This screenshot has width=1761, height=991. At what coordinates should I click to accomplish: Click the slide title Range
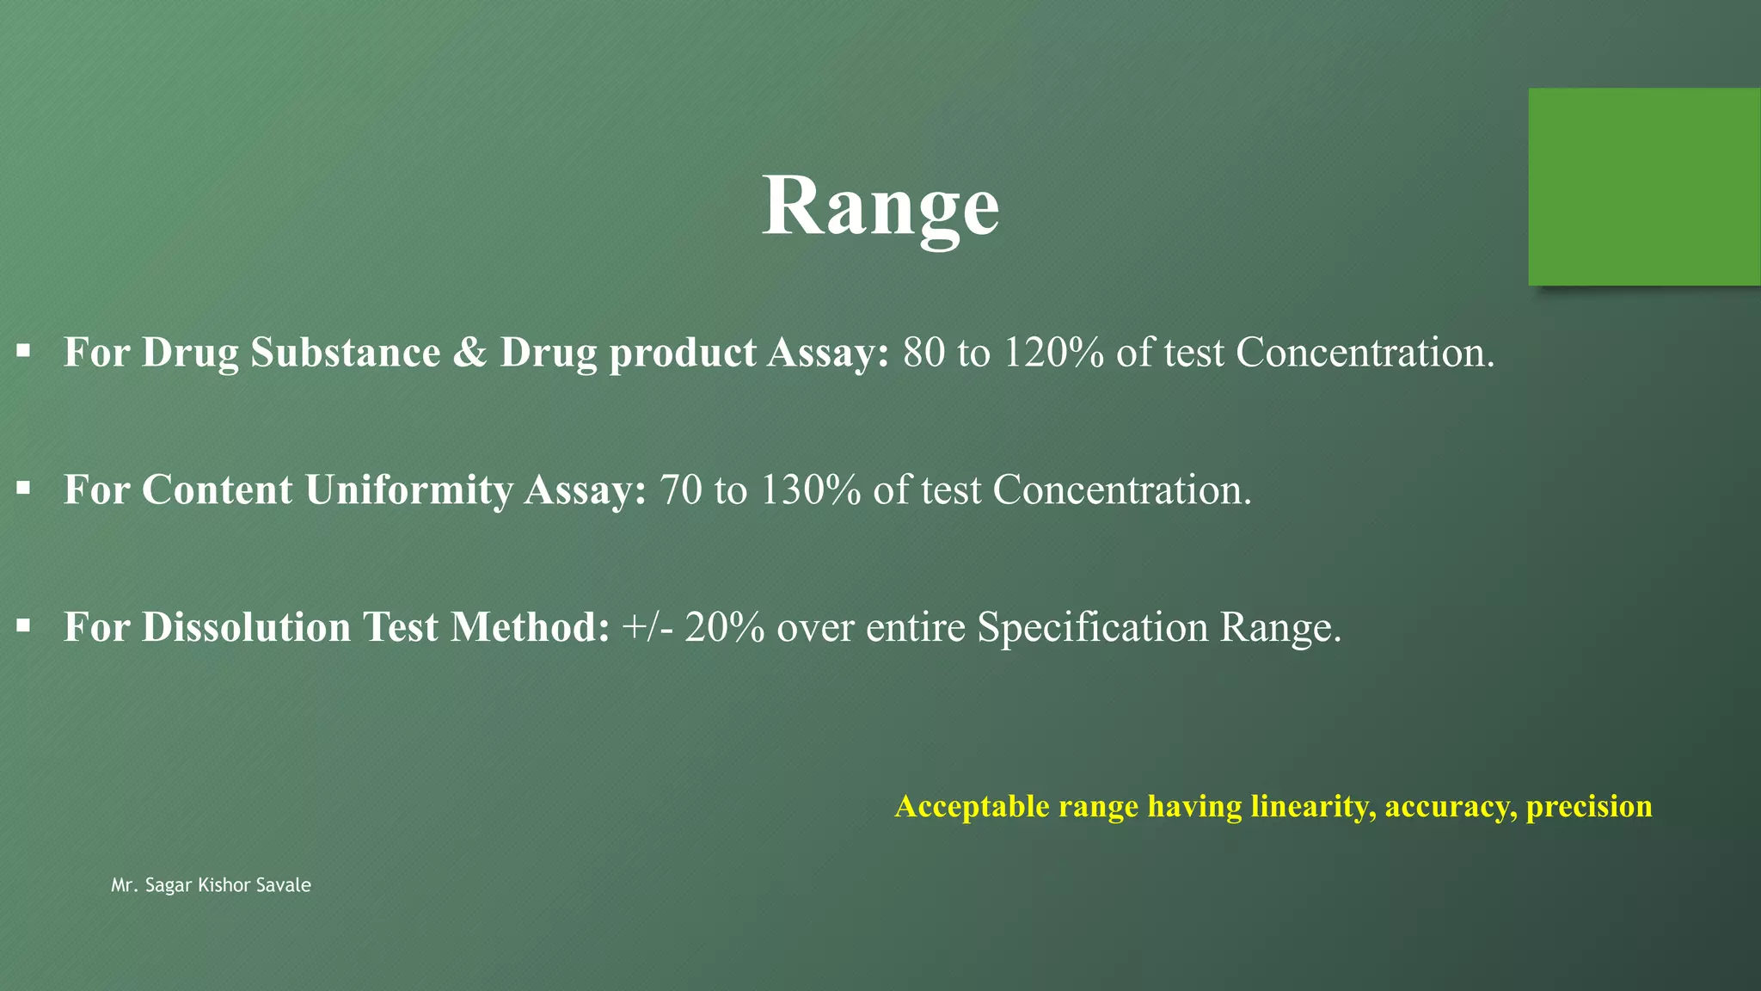pyautogui.click(x=880, y=206)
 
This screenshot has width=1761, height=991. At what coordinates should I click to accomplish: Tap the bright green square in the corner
pyautogui.click(x=1644, y=186)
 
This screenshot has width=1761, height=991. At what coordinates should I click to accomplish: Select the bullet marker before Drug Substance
pyautogui.click(x=23, y=351)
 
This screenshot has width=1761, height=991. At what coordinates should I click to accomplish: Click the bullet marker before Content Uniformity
pyautogui.click(x=23, y=489)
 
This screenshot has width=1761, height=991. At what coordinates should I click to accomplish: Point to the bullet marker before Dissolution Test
pyautogui.click(x=23, y=625)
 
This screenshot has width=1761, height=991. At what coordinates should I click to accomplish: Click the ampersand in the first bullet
pyautogui.click(x=469, y=353)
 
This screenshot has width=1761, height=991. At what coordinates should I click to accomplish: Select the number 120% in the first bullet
pyautogui.click(x=1053, y=353)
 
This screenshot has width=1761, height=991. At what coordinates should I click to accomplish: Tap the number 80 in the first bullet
pyautogui.click(x=923, y=353)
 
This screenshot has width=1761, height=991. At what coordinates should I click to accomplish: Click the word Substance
pyautogui.click(x=346, y=353)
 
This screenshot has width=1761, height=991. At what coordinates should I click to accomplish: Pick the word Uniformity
pyautogui.click(x=409, y=490)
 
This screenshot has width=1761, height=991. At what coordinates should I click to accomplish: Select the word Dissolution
pyautogui.click(x=247, y=627)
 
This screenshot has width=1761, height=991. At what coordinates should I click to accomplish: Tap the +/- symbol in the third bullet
pyautogui.click(x=647, y=627)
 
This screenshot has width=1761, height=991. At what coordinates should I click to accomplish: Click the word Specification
pyautogui.click(x=1092, y=627)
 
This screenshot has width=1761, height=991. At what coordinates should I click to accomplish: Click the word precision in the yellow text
pyautogui.click(x=1589, y=807)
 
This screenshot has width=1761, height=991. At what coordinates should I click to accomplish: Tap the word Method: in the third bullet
pyautogui.click(x=530, y=627)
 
